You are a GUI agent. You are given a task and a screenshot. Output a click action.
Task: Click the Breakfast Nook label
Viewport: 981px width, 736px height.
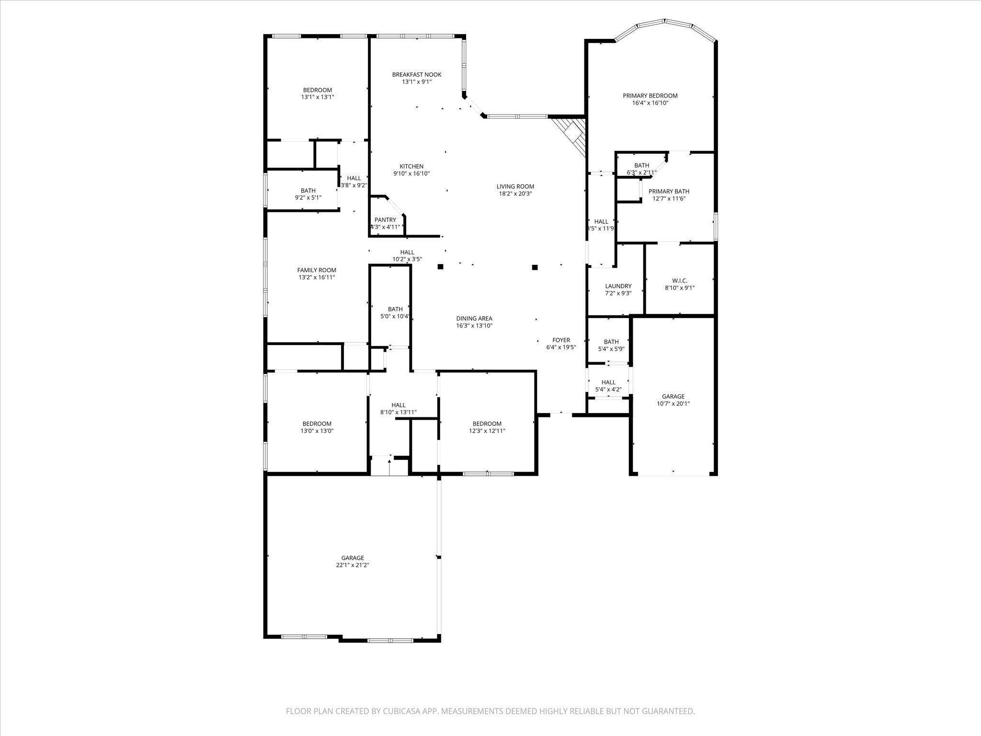pyautogui.click(x=417, y=75)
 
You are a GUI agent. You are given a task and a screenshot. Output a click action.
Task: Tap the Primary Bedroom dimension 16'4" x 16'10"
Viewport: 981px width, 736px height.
pyautogui.click(x=650, y=103)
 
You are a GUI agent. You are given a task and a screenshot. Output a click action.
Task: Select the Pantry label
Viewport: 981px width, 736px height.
pyautogui.click(x=385, y=220)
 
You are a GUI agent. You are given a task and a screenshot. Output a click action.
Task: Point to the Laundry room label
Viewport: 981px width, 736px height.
pyautogui.click(x=618, y=286)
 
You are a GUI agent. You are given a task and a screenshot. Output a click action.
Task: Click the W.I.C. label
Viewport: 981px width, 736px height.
pyautogui.click(x=680, y=281)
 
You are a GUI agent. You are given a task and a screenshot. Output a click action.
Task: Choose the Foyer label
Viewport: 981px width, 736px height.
pyautogui.click(x=561, y=340)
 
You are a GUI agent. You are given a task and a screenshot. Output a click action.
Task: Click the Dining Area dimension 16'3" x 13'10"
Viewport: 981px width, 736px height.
pyautogui.click(x=474, y=326)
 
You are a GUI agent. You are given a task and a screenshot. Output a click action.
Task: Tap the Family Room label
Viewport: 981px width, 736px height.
pyautogui.click(x=317, y=270)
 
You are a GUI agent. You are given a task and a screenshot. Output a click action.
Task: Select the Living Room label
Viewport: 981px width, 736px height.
pyautogui.click(x=515, y=186)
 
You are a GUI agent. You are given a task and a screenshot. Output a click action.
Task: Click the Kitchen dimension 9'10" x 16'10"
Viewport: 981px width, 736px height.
pyautogui.click(x=411, y=173)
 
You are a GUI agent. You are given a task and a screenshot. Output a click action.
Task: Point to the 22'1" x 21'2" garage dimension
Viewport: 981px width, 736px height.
pyautogui.click(x=353, y=565)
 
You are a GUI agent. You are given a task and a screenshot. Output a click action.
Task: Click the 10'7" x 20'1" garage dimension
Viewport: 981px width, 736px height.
pyautogui.click(x=673, y=403)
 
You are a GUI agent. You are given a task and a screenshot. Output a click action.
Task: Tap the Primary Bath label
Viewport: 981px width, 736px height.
pyautogui.click(x=669, y=191)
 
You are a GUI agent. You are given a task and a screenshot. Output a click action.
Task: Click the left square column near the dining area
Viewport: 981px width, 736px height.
pyautogui.click(x=440, y=266)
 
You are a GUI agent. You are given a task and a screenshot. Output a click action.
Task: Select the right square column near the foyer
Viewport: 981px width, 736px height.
pyautogui.click(x=535, y=267)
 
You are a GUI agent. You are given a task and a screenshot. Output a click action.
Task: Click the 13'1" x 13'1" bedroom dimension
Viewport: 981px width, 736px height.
pyautogui.click(x=317, y=97)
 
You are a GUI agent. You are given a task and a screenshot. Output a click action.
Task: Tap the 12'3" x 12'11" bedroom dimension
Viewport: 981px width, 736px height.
pyautogui.click(x=487, y=431)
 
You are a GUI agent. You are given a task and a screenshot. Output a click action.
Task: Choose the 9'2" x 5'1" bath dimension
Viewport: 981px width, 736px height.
pyautogui.click(x=308, y=197)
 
